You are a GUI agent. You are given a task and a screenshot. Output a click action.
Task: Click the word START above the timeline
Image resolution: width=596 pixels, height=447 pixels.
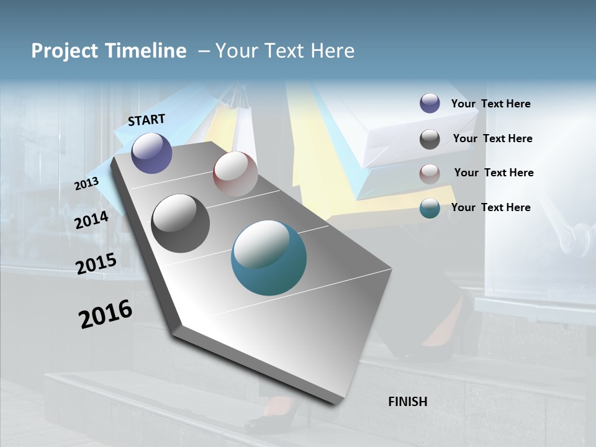click(147, 119)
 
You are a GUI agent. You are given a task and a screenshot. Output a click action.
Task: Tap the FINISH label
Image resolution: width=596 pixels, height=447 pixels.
click(407, 402)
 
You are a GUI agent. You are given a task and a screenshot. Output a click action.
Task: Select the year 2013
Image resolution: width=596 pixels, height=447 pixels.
click(86, 184)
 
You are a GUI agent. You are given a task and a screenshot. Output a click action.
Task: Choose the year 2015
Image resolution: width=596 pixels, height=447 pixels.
click(96, 264)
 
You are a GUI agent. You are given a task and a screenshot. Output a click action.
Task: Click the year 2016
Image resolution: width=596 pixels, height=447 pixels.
click(106, 314)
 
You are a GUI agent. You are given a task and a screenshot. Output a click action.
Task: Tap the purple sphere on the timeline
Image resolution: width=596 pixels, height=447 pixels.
click(151, 153)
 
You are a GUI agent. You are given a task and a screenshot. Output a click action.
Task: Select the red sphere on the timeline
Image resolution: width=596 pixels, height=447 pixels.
click(235, 173)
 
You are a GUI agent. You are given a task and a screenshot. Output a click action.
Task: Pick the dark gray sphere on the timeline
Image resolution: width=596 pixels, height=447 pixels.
click(180, 223)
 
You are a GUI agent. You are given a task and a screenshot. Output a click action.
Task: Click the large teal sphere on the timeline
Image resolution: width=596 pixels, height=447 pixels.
click(268, 258)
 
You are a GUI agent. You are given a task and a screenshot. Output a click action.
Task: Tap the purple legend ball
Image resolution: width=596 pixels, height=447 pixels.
click(430, 104)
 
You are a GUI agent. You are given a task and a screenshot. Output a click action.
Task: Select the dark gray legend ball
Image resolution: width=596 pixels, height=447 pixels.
click(430, 139)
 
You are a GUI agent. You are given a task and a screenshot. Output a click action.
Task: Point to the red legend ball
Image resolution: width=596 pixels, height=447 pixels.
click(430, 174)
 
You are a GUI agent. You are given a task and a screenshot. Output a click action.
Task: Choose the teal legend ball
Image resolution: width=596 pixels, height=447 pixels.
click(430, 208)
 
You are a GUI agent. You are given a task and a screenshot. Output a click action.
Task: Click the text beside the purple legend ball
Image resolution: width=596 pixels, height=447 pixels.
click(490, 104)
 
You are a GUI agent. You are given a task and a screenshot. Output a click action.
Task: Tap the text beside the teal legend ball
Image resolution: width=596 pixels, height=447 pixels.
click(490, 207)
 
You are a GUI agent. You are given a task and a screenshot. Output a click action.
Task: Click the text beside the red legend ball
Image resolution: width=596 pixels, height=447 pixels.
click(494, 173)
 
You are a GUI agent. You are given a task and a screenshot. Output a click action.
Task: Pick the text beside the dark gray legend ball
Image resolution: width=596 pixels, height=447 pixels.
click(492, 138)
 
